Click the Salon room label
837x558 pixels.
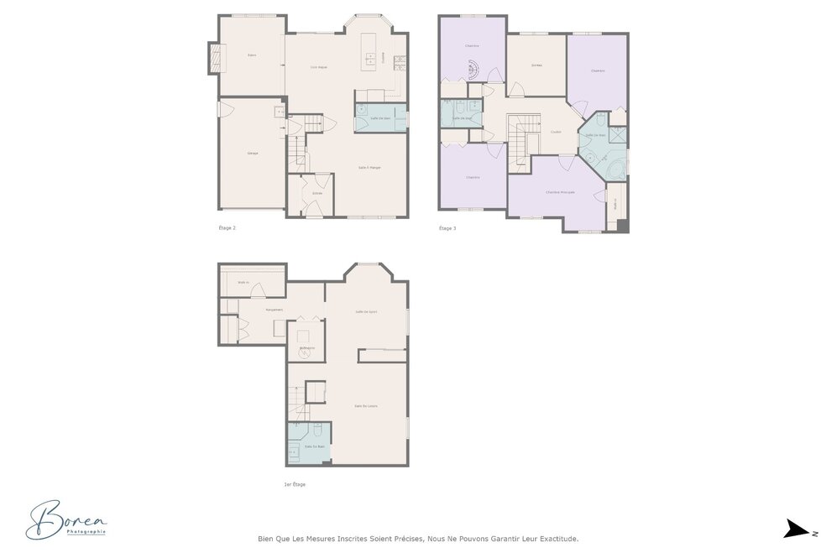tap(251, 55)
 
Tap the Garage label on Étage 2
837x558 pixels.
tap(252, 154)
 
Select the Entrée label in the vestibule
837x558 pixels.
tap(317, 194)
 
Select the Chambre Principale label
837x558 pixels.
tap(560, 192)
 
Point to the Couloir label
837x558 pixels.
tap(556, 132)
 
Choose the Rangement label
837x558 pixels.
tap(275, 310)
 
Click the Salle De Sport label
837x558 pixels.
tap(366, 311)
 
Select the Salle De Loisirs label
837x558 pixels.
tap(366, 406)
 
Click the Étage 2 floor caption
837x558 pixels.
tap(227, 227)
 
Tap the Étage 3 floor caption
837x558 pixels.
tap(447, 227)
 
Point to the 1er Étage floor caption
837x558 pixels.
tap(296, 484)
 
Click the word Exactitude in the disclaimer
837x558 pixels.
tap(557, 540)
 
